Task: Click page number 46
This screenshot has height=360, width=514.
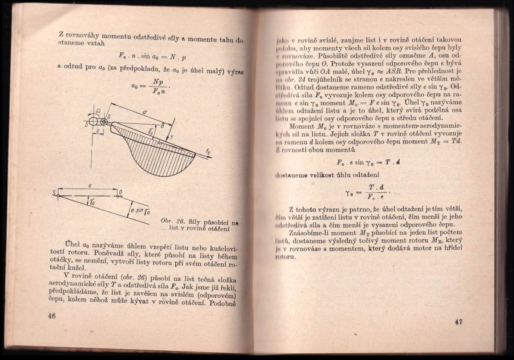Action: point(51,316)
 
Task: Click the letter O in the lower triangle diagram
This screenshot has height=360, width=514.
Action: point(120,192)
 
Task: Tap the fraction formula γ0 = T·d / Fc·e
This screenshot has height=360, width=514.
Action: point(367,191)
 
